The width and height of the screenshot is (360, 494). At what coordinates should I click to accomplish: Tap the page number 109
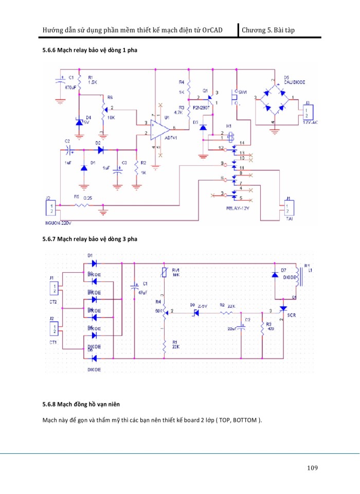pos(312,468)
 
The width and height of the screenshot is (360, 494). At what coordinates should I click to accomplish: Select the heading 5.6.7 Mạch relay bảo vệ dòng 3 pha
pos(90,239)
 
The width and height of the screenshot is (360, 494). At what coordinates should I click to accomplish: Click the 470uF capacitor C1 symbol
pos(61,82)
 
